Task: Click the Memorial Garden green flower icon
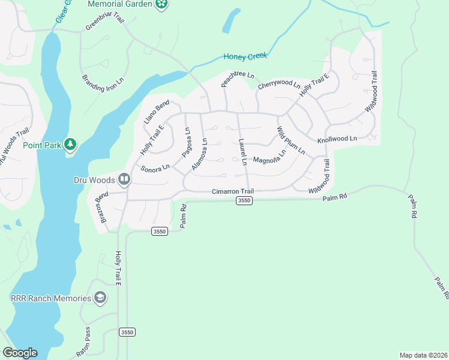pos(161,5)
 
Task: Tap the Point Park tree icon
pos(71,145)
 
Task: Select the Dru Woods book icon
pos(124,179)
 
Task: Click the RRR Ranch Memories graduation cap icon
pos(100,298)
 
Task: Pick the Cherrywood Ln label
pos(279,85)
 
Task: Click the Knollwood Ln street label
pos(337,139)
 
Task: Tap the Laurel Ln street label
pos(243,152)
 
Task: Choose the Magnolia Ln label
pos(270,160)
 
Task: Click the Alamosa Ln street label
pos(199,154)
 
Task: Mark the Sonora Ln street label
pos(155,168)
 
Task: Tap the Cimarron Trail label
pos(233,191)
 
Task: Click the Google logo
pos(20,353)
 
